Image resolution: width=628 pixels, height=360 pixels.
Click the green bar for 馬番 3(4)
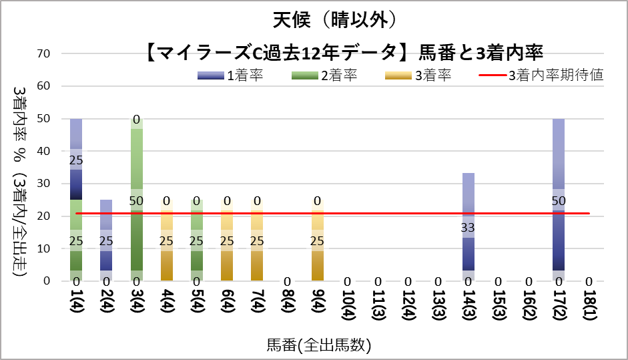(x=136, y=200)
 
